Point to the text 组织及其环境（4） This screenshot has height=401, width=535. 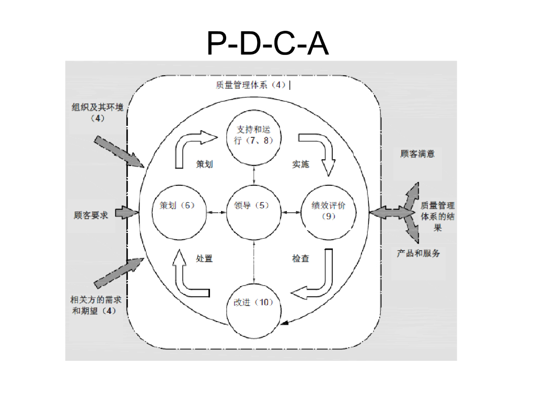tap(98, 113)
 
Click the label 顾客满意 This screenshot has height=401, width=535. tap(417, 154)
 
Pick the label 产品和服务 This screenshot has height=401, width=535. tap(418, 253)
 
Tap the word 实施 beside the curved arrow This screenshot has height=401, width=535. tap(300, 164)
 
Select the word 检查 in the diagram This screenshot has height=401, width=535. tap(300, 258)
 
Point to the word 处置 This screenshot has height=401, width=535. tap(204, 258)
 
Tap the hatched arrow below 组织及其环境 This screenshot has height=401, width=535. tap(119, 151)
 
